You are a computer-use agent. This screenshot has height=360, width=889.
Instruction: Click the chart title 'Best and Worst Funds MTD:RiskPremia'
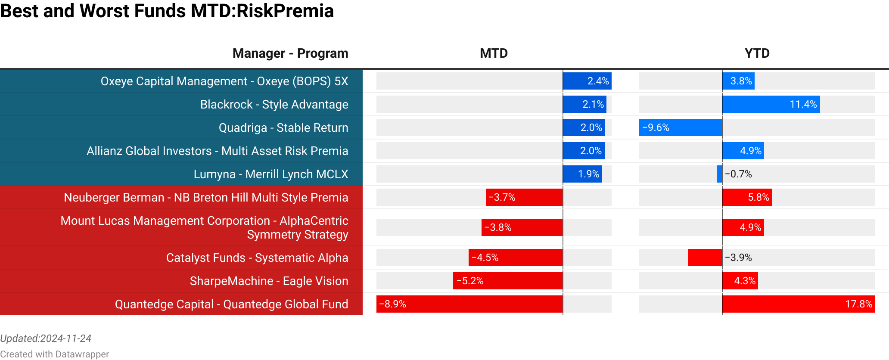point(167,11)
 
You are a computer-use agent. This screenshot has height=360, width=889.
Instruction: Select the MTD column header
point(494,53)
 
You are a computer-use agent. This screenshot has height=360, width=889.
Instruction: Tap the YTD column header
point(757,53)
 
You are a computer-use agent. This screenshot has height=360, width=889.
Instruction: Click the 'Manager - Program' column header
point(290,53)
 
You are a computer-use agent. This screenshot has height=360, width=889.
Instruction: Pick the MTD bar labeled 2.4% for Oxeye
point(587,81)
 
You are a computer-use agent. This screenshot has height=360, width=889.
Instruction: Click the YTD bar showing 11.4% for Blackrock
point(771,104)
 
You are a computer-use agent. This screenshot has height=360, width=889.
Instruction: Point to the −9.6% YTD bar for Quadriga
point(681,127)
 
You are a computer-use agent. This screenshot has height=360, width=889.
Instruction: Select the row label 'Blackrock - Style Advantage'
point(274,104)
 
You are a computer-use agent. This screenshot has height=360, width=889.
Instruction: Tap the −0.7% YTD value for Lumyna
point(738,174)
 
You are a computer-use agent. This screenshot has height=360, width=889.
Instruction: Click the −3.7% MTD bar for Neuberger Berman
point(524,197)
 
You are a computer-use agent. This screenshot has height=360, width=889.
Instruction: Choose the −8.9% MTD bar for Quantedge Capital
point(469,304)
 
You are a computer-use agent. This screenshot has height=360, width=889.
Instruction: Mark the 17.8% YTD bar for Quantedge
point(799,304)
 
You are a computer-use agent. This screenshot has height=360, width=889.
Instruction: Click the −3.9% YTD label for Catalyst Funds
point(738,258)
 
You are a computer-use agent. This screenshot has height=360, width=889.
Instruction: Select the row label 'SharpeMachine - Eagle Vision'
point(269,281)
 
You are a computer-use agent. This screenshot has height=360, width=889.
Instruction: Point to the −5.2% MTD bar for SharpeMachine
point(508,281)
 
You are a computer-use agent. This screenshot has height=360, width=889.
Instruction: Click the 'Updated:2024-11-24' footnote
point(46,338)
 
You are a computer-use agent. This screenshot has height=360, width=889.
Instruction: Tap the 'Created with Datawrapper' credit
point(54,354)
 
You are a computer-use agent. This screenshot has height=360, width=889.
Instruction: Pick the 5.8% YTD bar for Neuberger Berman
point(747,197)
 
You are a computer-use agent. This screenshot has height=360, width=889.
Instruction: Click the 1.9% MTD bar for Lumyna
point(582,174)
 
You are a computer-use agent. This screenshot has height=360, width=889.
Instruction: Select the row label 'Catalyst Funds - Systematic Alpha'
point(257,258)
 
